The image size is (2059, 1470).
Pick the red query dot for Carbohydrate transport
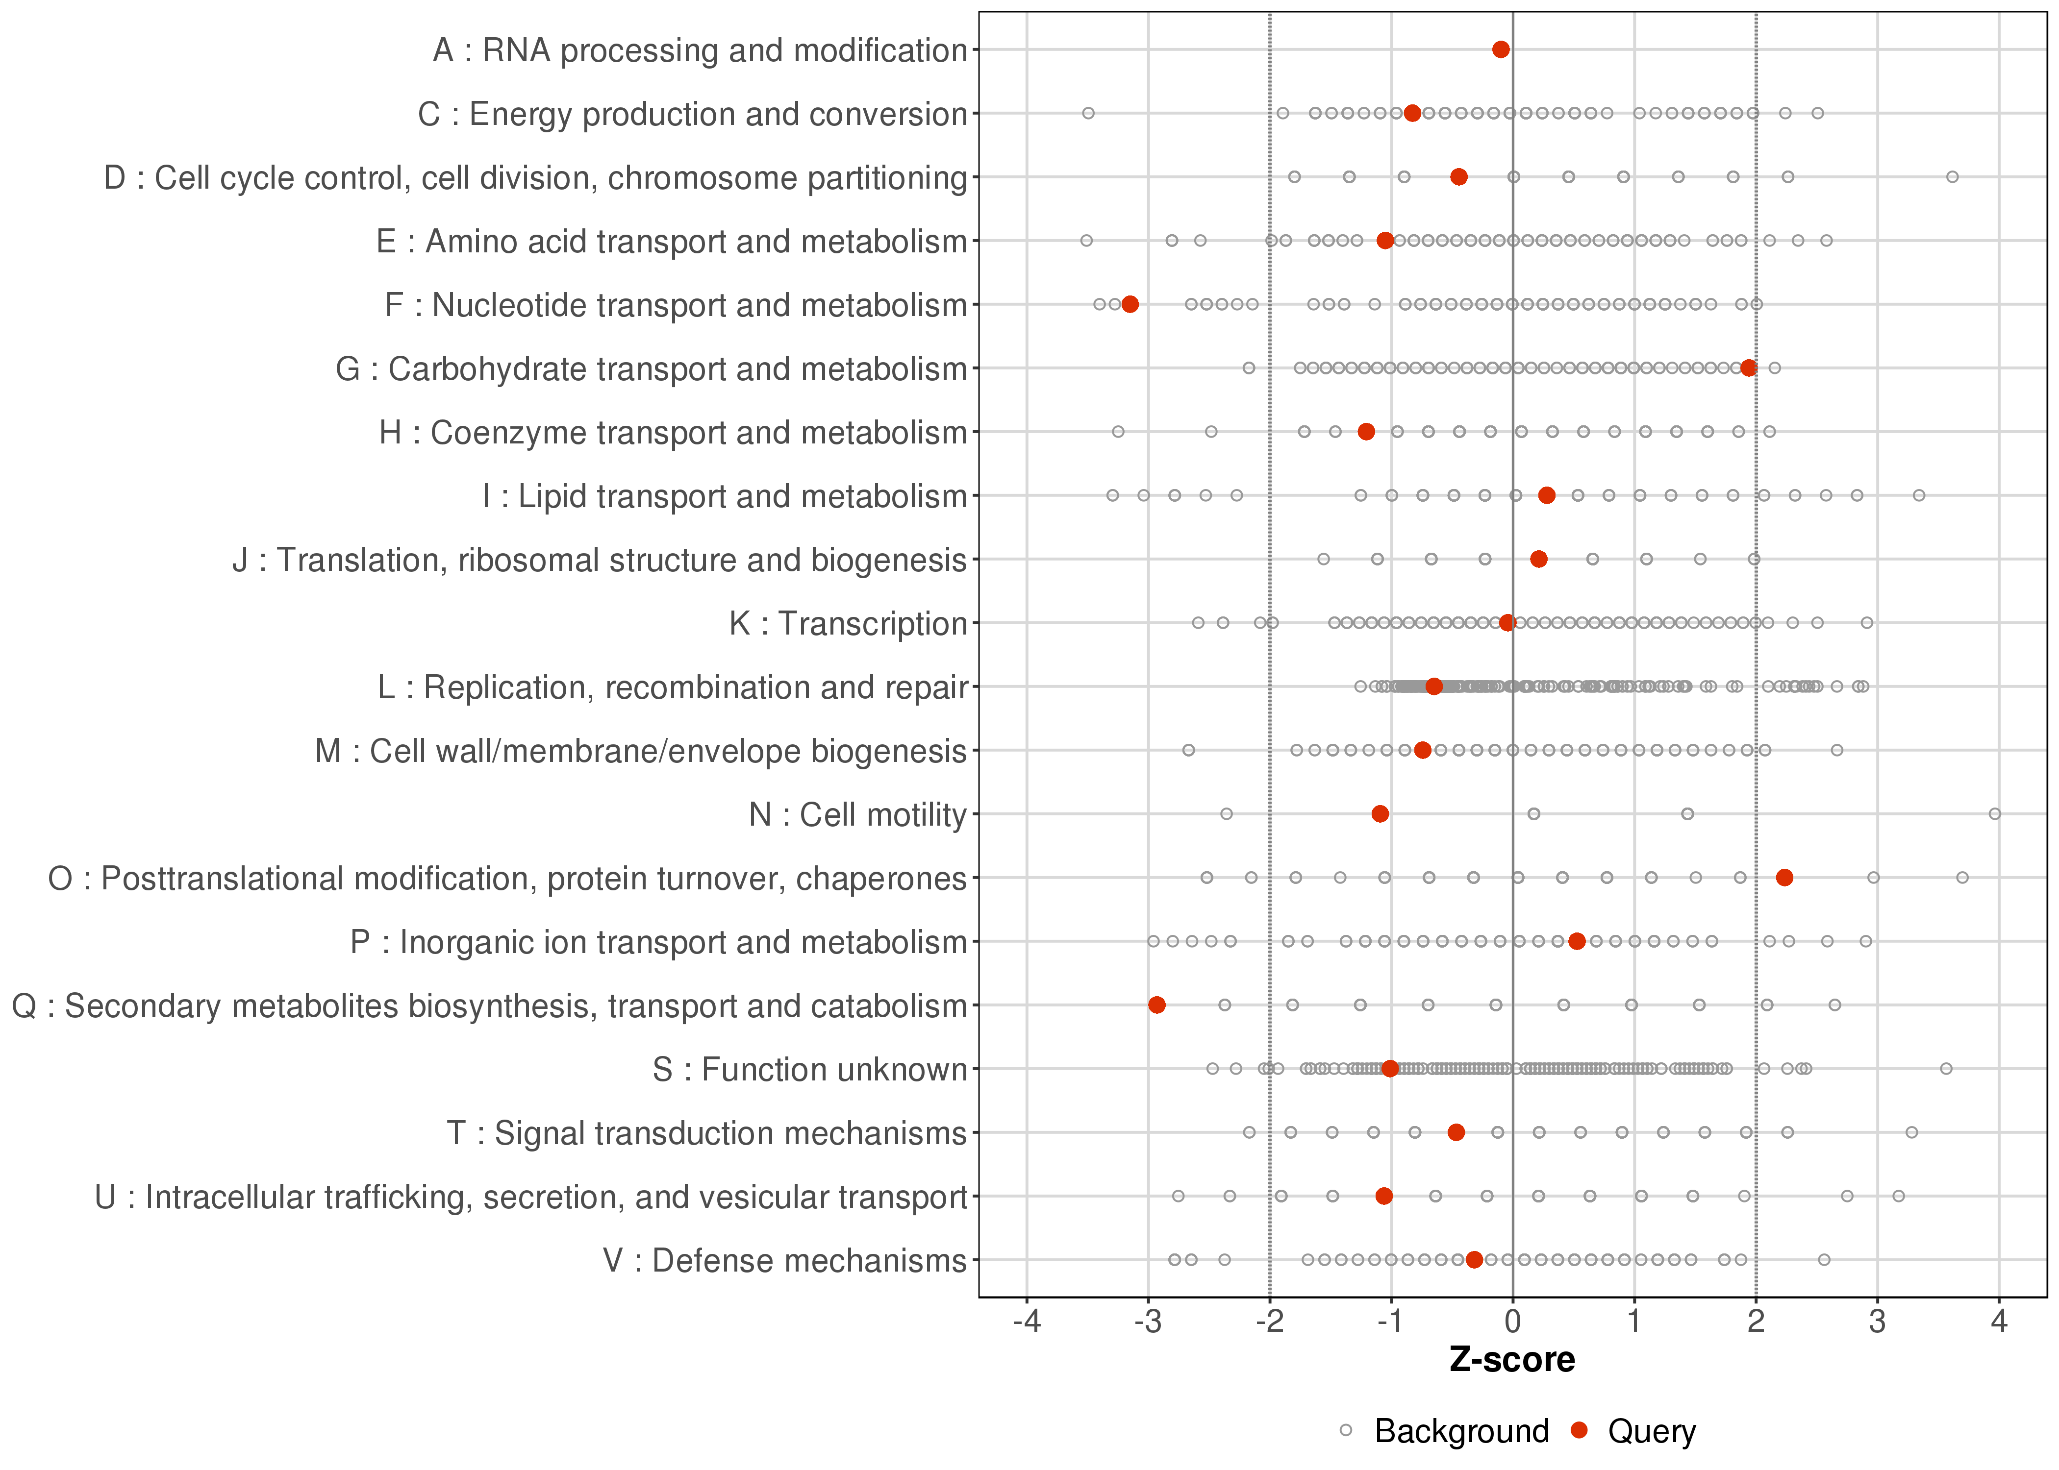[1748, 367]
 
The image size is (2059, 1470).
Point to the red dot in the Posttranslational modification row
[1784, 877]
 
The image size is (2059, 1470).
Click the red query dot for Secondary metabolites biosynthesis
[1156, 1004]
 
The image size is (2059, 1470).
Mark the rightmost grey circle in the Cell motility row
[1995, 814]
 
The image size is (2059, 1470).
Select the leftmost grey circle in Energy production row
[1088, 113]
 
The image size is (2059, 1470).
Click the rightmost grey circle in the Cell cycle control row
[1952, 176]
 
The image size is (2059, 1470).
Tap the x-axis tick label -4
[1026, 1323]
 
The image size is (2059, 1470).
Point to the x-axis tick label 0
[1512, 1323]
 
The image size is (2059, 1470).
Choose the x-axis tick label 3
[1877, 1323]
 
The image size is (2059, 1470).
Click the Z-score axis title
[1512, 1360]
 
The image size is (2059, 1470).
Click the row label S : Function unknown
[809, 1069]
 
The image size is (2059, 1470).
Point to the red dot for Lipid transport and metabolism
[1547, 495]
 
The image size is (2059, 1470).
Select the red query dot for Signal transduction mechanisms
[1456, 1132]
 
